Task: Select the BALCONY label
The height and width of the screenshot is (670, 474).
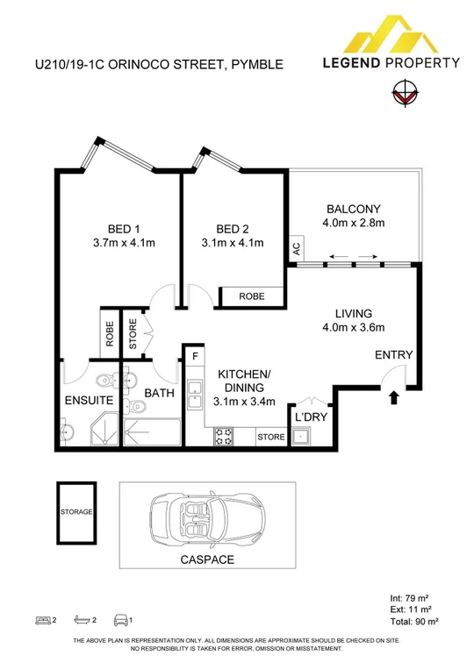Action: click(x=353, y=209)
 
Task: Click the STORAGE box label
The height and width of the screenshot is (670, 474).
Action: click(x=76, y=512)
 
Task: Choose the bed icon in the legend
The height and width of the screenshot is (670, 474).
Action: click(x=41, y=621)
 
